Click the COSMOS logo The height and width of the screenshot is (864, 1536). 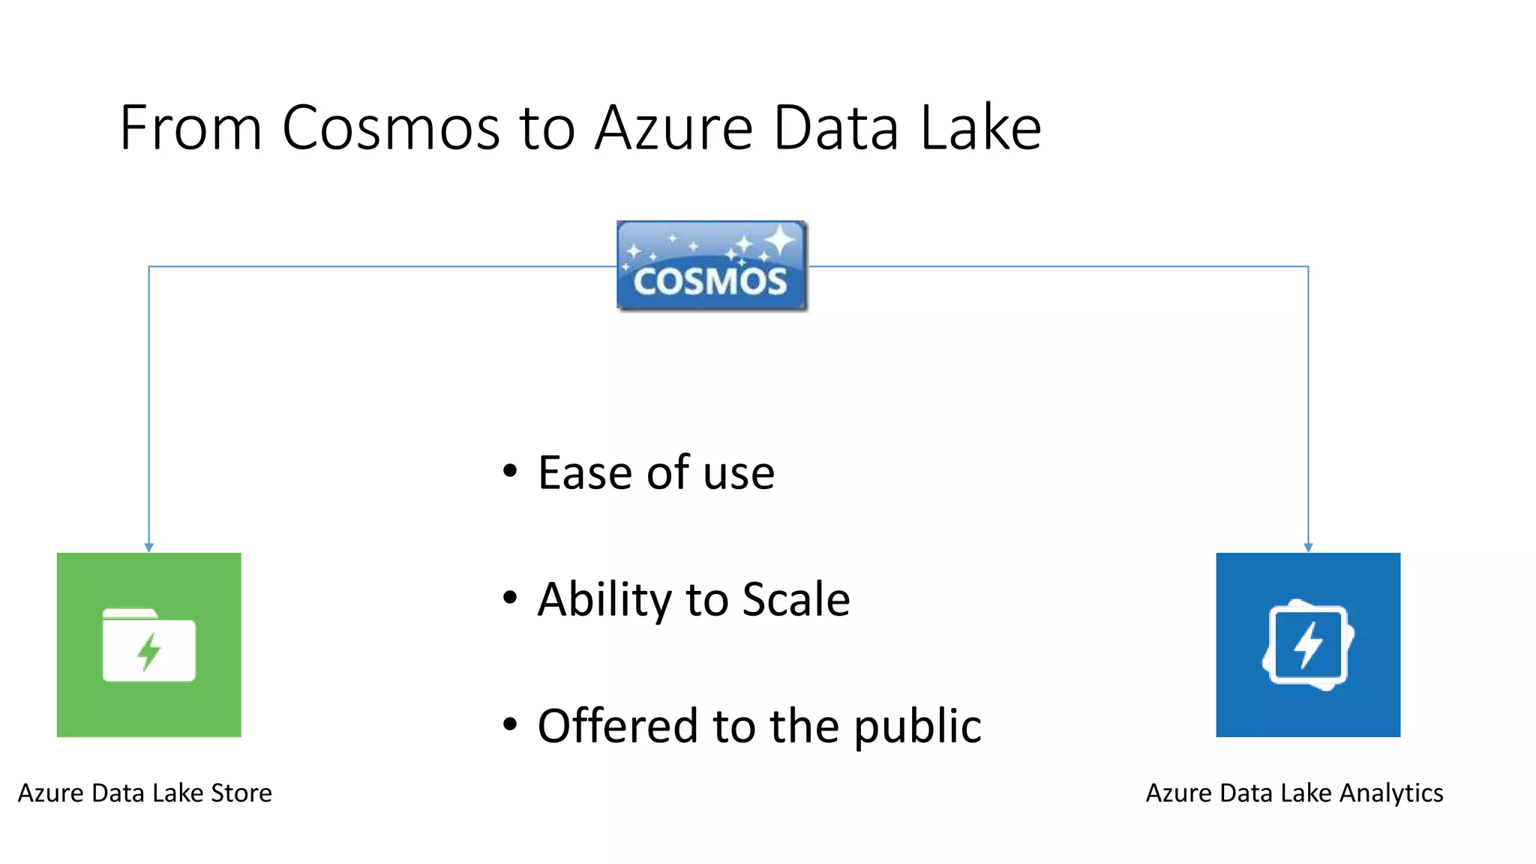coord(711,266)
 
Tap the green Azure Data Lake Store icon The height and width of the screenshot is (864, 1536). coord(148,644)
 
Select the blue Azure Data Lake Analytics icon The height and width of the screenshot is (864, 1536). coord(1308,644)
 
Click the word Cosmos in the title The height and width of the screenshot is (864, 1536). coord(390,128)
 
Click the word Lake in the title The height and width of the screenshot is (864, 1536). coord(980,128)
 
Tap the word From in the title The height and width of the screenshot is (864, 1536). coord(190,128)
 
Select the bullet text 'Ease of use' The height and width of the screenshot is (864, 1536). coord(656,472)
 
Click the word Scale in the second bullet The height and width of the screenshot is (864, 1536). coord(796,599)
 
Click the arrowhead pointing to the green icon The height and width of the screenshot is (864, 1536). coord(148,547)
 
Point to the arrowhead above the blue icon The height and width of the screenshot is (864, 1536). coord(1308,547)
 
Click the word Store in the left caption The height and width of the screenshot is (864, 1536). coord(241,793)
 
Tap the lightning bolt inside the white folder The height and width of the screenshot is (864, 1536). coord(149,650)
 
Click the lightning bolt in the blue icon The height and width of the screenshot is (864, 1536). coord(1309,644)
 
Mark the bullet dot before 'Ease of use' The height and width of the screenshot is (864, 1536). coord(510,472)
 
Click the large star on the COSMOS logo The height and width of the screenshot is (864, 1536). coord(780,240)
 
